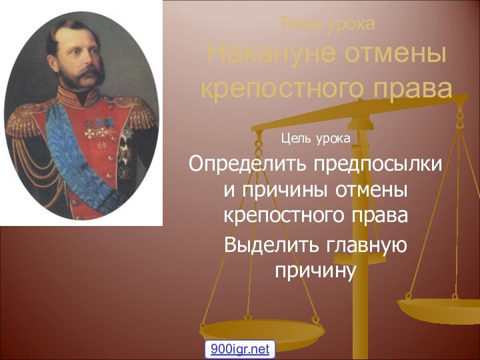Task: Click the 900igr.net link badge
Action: pyautogui.click(x=240, y=348)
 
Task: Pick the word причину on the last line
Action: pyautogui.click(x=316, y=271)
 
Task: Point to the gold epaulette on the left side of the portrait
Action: pyautogui.click(x=23, y=120)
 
